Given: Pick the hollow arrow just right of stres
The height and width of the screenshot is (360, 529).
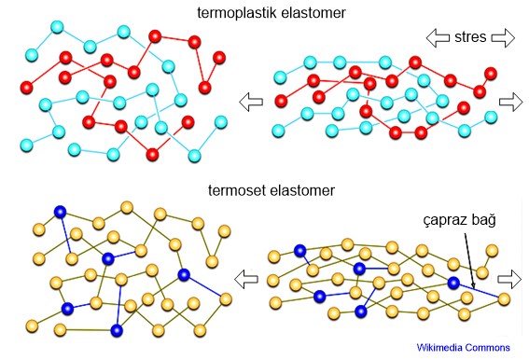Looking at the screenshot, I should [x=502, y=38].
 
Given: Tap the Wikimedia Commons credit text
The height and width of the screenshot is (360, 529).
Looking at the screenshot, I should [x=463, y=348].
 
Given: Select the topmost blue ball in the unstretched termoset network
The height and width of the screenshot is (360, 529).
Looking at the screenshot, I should [x=61, y=212].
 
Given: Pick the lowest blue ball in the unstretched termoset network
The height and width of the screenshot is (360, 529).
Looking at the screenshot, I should [x=117, y=329].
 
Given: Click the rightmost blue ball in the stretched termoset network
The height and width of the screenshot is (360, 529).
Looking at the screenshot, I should [x=453, y=283].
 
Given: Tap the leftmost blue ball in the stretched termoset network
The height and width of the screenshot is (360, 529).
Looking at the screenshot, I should [x=299, y=250].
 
